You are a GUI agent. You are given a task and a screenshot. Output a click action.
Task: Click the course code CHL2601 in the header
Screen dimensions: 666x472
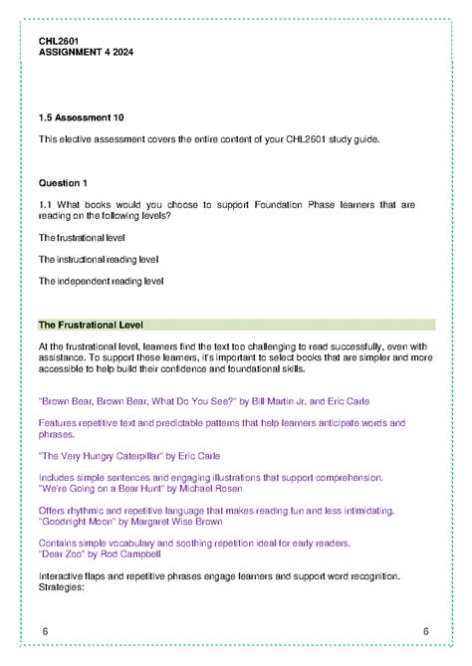58,40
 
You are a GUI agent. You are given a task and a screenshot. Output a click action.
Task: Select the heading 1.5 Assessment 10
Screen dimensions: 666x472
81,116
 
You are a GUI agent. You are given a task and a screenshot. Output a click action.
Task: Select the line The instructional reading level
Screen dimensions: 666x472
99,259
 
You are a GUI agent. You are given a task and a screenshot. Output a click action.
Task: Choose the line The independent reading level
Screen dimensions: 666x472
101,281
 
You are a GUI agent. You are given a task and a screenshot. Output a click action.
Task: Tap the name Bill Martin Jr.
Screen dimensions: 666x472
275,400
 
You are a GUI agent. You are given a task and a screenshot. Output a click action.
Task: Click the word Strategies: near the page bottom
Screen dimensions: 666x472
61,586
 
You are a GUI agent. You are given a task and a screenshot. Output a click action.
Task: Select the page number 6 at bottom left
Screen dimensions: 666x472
46,632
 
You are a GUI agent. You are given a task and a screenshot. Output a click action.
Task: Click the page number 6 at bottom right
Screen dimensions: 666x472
425,632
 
